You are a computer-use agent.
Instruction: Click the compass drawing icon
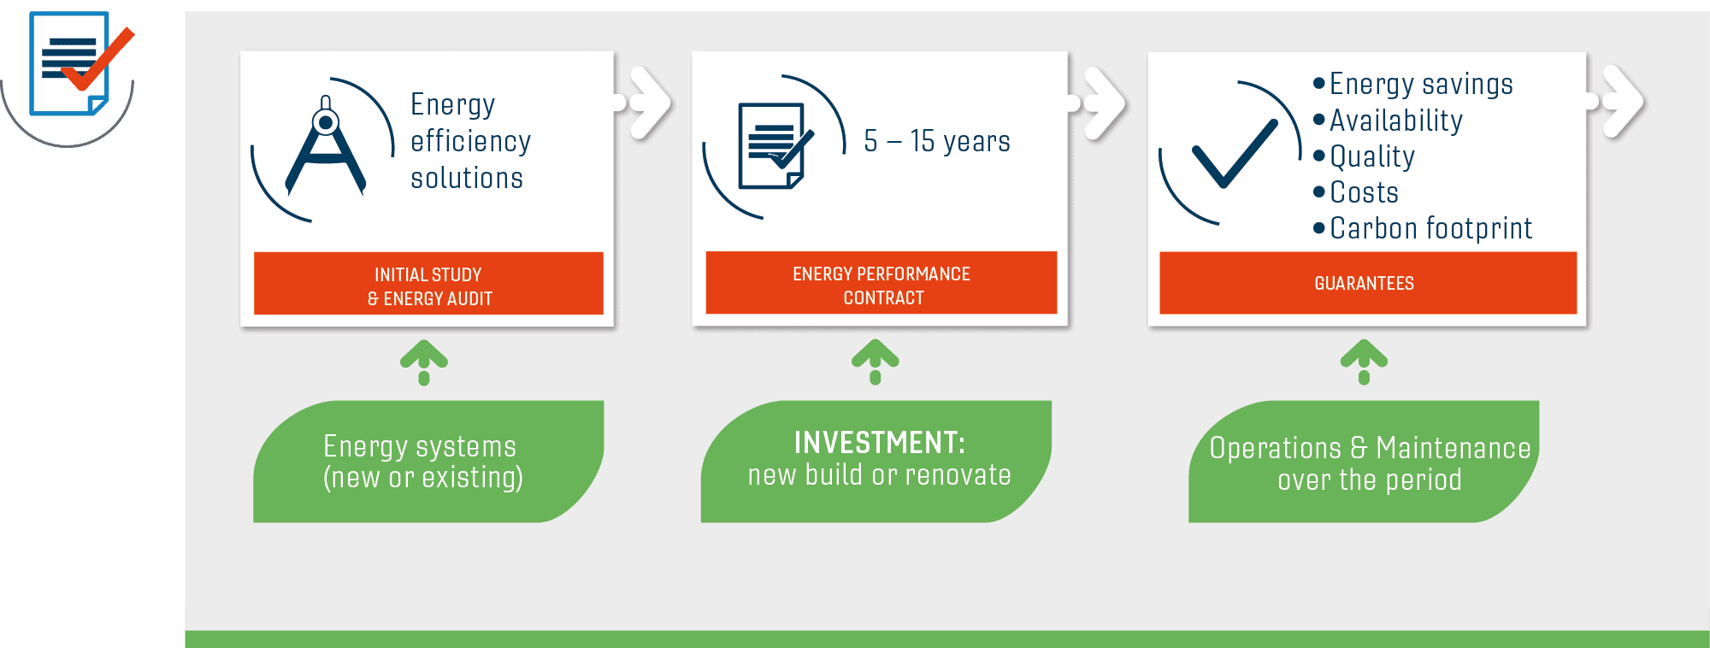point(325,146)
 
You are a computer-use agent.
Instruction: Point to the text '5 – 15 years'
point(937,141)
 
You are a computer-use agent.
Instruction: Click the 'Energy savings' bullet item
point(1413,84)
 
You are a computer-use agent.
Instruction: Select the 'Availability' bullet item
point(1388,121)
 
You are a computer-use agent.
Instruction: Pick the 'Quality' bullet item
point(1364,156)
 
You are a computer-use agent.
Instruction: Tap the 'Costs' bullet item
point(1356,192)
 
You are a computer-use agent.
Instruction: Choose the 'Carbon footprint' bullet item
point(1423,228)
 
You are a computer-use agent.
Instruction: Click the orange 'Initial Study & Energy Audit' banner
point(428,283)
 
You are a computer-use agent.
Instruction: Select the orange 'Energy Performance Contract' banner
point(882,282)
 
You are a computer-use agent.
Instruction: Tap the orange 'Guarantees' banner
point(1368,282)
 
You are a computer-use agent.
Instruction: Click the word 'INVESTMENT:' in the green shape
point(880,442)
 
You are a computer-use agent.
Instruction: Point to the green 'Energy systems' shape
point(428,462)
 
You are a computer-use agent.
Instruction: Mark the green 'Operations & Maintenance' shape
point(1364,462)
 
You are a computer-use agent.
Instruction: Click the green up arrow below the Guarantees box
point(1364,362)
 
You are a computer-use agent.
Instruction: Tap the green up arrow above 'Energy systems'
point(424,362)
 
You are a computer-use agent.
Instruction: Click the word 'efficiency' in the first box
point(471,141)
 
